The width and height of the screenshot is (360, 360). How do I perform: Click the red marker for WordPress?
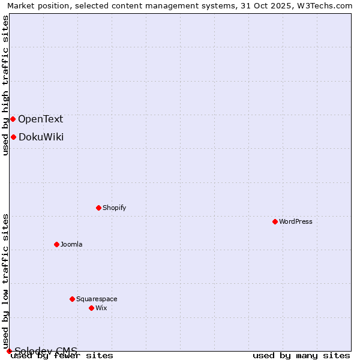(275, 221)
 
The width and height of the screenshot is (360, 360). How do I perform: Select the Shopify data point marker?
(98, 208)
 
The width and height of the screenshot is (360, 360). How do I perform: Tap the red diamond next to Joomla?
(56, 244)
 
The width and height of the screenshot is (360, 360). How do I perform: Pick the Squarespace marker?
(72, 299)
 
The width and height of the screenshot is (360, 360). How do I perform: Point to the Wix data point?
(91, 308)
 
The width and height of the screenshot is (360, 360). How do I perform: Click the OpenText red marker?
(13, 119)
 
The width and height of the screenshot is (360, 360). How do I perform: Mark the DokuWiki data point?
(13, 137)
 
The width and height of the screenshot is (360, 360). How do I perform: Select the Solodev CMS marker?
(9, 351)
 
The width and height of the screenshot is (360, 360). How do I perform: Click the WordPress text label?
(296, 221)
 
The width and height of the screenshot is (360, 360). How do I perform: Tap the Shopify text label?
(114, 208)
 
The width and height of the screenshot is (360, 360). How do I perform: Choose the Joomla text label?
(71, 244)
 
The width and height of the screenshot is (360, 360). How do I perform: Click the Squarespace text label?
(97, 299)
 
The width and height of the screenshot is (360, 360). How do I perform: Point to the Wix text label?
(101, 308)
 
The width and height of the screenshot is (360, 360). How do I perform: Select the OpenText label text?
(40, 119)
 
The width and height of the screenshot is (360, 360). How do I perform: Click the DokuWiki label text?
(41, 137)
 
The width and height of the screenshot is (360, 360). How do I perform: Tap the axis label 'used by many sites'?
(301, 356)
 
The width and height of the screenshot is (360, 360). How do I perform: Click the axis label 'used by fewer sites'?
(62, 356)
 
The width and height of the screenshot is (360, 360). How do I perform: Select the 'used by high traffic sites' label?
(6, 85)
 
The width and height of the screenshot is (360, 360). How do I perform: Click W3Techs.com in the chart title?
(328, 5)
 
